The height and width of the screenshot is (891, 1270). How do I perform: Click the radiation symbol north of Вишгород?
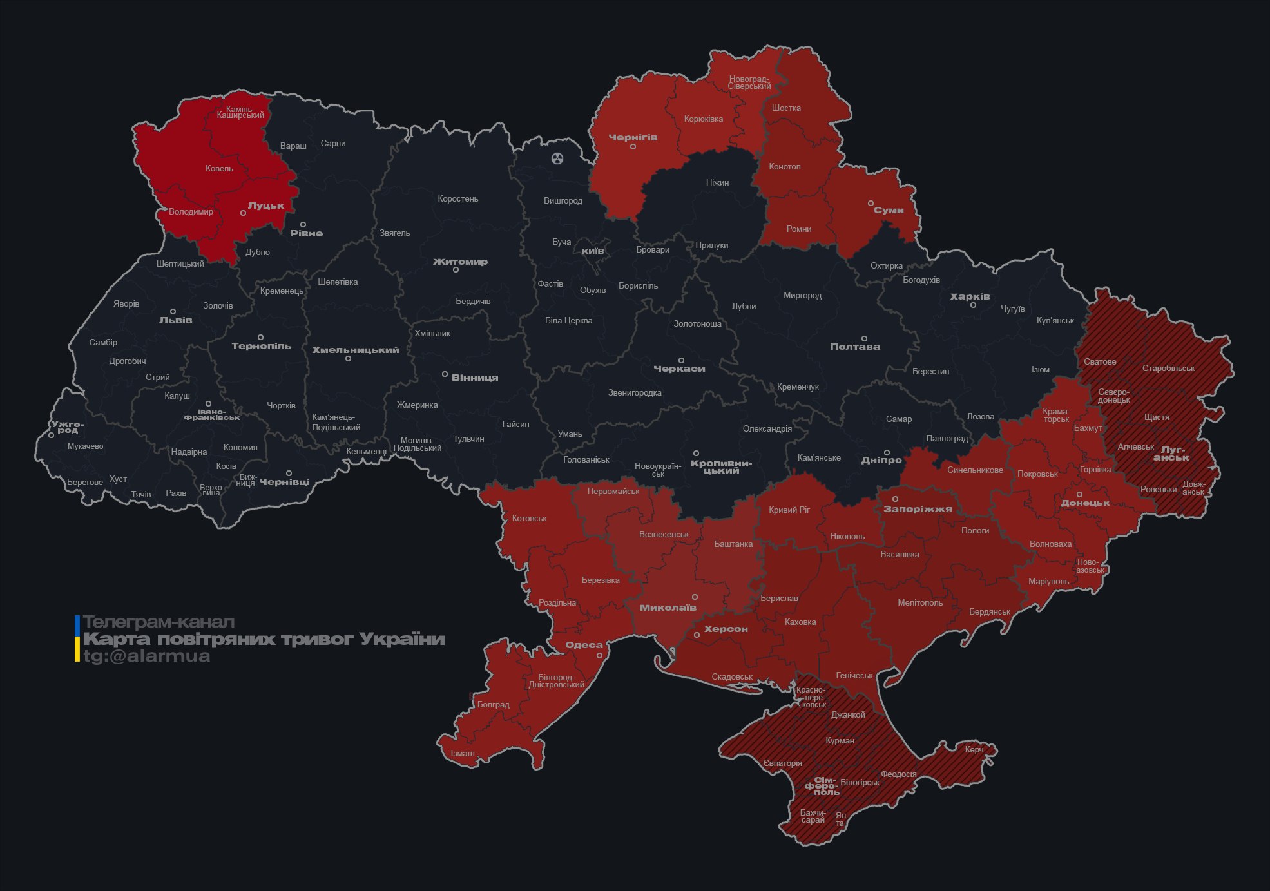(557, 158)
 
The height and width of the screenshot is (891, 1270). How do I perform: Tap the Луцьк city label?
(265, 206)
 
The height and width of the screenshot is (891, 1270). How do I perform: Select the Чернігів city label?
(633, 137)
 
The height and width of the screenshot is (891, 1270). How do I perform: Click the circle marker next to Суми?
(871, 204)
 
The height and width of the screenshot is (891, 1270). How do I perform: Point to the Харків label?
(970, 296)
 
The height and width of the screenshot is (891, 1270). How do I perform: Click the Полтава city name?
(854, 347)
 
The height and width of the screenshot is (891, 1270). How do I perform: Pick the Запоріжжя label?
(917, 509)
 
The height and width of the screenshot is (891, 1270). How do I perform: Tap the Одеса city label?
(584, 645)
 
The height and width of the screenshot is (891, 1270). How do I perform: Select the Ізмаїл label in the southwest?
(462, 753)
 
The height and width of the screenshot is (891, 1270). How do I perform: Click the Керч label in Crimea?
(974, 749)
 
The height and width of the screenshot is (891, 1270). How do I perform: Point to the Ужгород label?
(68, 427)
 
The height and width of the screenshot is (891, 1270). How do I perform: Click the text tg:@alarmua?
(147, 656)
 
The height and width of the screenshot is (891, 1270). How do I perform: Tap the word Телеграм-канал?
(159, 622)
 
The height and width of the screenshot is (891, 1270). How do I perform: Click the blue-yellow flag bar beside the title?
(77, 638)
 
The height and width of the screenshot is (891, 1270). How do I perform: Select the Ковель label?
(219, 169)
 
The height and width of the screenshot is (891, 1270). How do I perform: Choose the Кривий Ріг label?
(789, 510)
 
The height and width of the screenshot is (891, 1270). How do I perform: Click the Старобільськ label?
(1168, 369)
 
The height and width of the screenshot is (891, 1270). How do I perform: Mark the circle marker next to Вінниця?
(445, 374)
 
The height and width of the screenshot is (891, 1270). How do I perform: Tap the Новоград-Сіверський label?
(749, 82)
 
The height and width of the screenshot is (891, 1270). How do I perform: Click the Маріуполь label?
(1048, 581)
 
